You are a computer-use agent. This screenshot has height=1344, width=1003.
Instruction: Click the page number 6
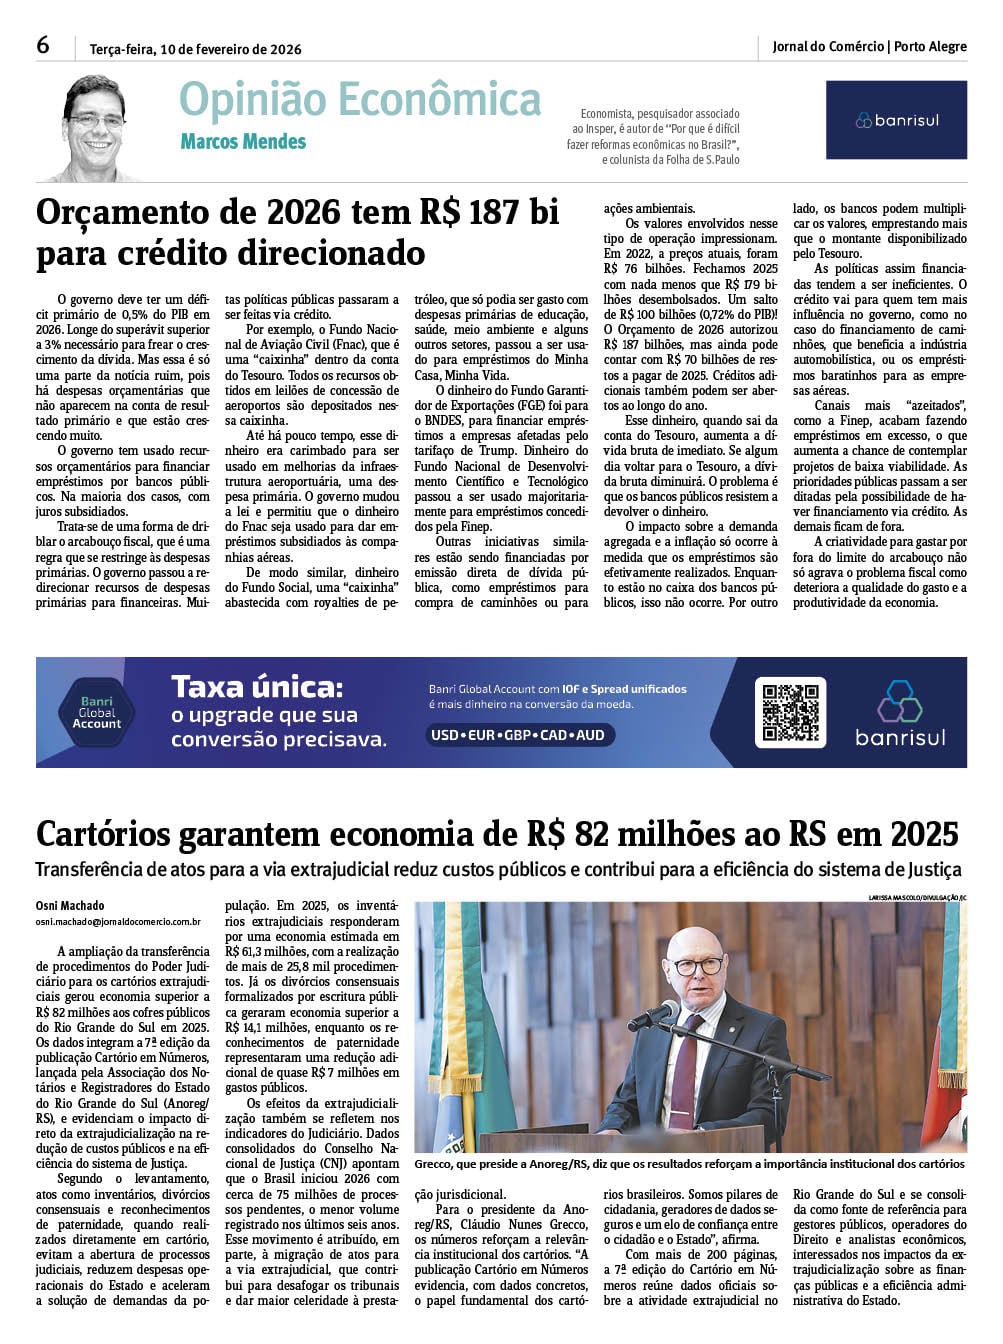point(43,45)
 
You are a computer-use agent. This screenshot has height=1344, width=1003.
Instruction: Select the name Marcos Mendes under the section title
point(243,142)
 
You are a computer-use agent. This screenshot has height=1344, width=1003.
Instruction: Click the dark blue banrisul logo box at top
point(896,120)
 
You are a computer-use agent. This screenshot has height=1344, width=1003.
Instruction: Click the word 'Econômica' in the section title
point(439,100)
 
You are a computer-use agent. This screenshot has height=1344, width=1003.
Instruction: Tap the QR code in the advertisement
point(790,712)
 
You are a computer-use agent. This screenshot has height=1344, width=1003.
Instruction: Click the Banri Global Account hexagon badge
point(97,712)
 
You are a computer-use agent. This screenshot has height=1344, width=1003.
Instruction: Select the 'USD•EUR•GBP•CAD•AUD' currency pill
point(518,735)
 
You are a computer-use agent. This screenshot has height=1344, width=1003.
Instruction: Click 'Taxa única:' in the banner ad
point(257,687)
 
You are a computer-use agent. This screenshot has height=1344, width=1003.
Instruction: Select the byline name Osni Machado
point(70,906)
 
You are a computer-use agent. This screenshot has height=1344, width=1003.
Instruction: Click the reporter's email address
point(118,922)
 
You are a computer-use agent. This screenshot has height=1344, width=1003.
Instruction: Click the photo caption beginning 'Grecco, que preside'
point(689,1164)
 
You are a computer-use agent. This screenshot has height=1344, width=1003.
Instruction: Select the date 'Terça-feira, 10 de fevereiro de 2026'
point(195,49)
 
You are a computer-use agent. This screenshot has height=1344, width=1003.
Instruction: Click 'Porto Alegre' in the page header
point(930,46)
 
